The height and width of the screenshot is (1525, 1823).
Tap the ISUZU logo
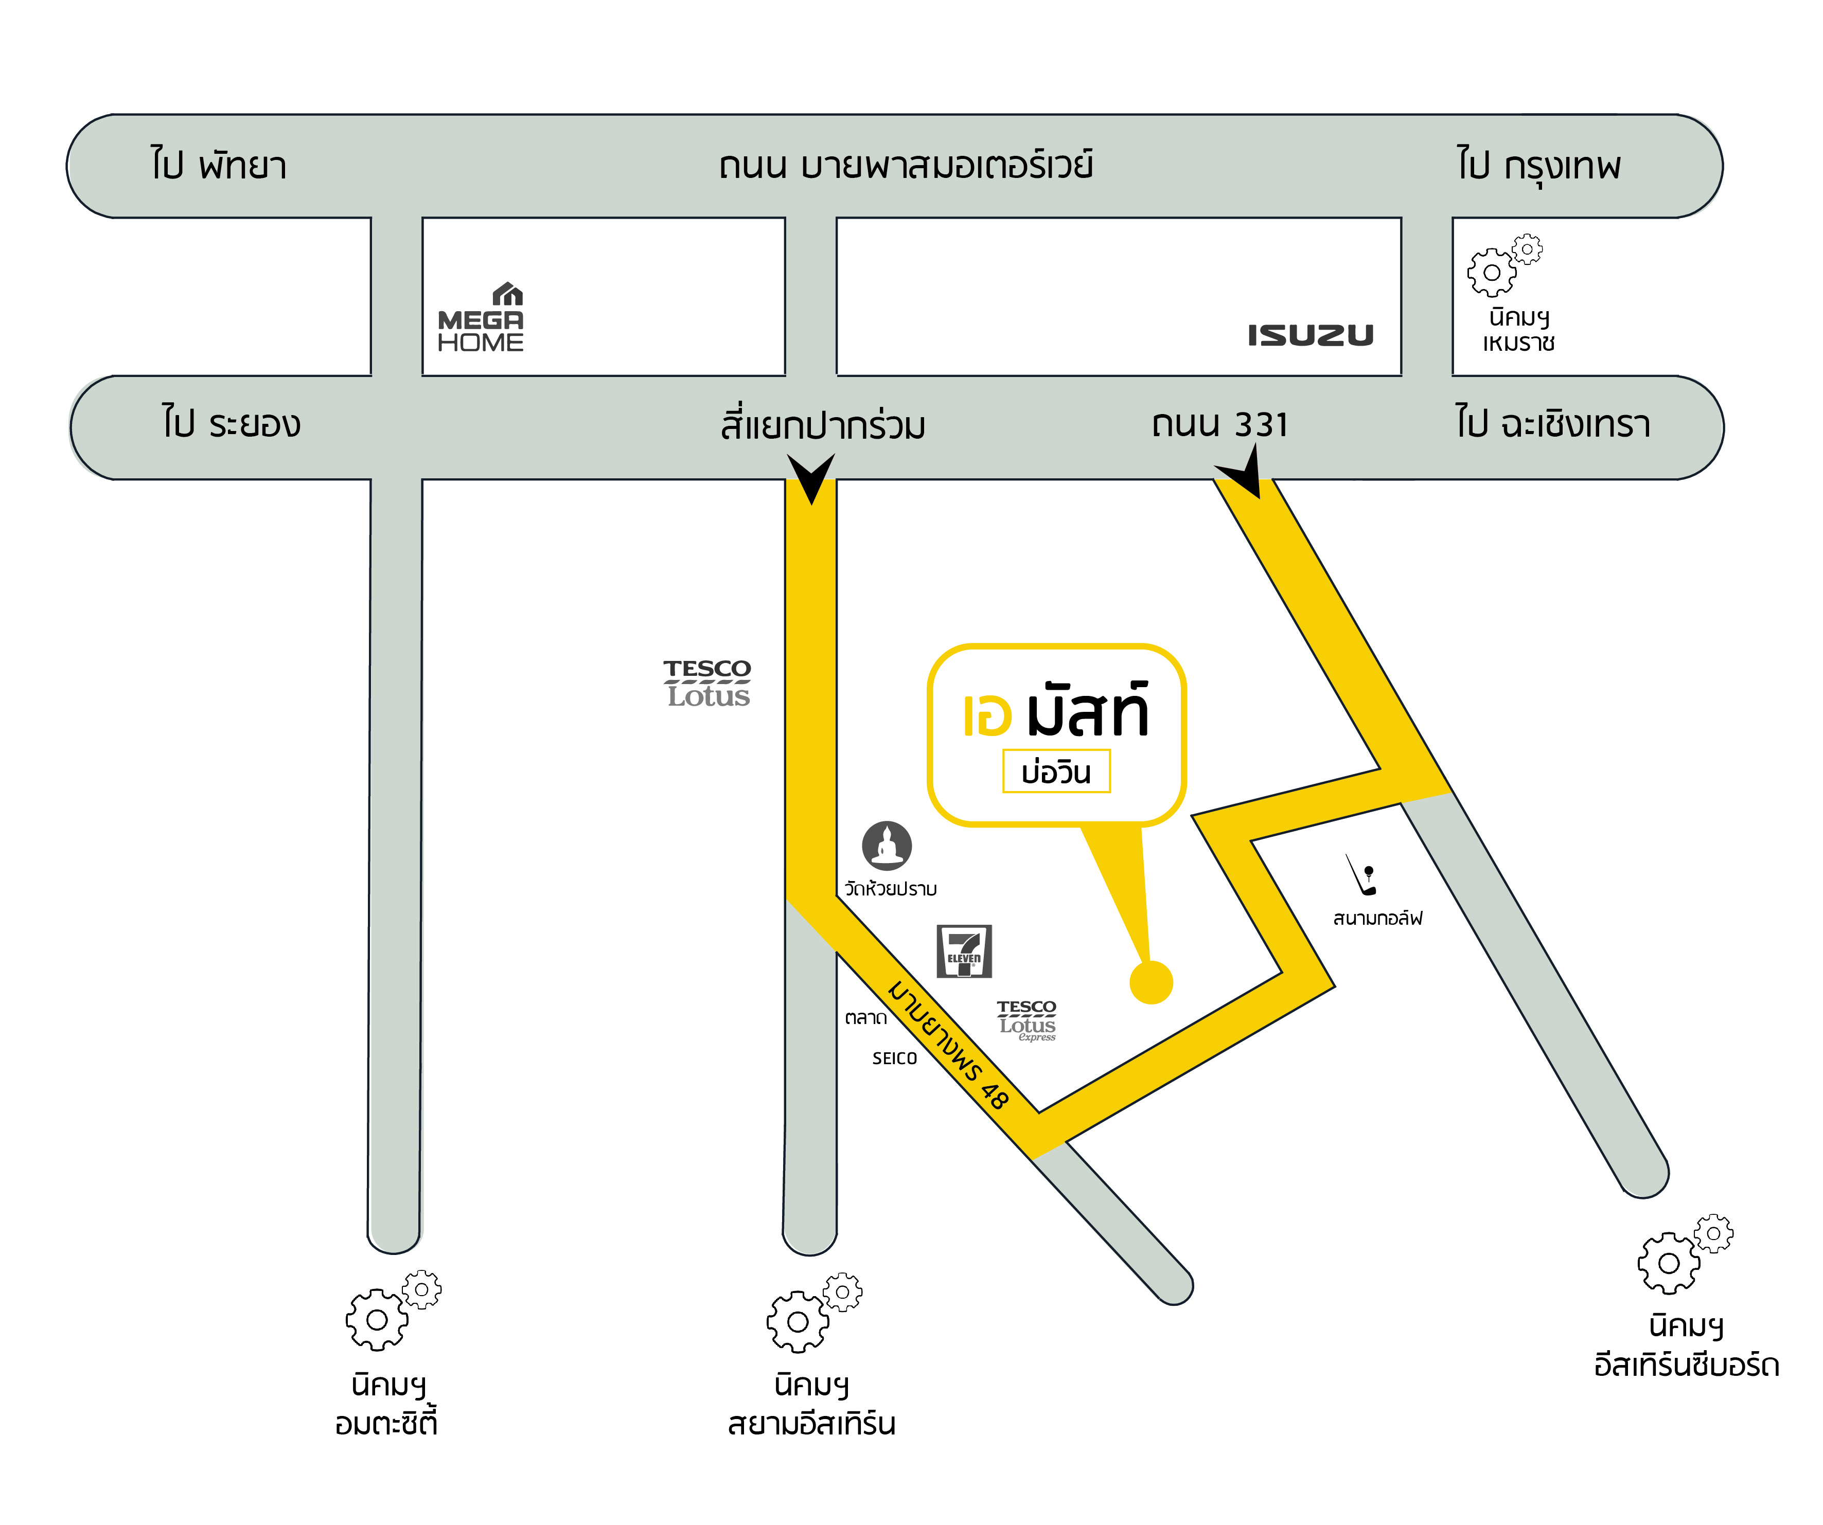point(1311,335)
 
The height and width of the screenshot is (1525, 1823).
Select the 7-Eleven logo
point(964,952)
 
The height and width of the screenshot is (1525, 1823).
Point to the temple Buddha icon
point(887,846)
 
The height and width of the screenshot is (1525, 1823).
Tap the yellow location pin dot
point(1151,982)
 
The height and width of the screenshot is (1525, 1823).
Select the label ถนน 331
point(1219,424)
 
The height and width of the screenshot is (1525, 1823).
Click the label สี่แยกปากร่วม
point(823,424)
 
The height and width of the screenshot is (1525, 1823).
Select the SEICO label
point(894,1058)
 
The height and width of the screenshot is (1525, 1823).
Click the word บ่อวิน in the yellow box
point(1056,772)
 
